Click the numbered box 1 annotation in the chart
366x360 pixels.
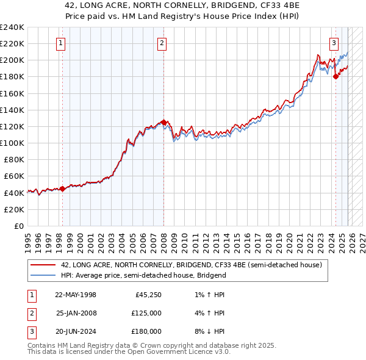pos(62,43)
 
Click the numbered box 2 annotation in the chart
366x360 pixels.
pos(162,43)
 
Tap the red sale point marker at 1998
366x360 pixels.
pos(62,189)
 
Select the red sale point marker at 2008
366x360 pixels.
pos(163,122)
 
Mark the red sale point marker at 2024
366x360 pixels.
pos(335,76)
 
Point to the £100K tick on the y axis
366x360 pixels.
pos(12,143)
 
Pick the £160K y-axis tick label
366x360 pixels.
pos(12,93)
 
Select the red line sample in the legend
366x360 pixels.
pos(43,265)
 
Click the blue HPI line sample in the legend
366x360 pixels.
pos(43,275)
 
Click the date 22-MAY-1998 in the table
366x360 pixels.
pos(76,295)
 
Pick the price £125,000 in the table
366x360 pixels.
pos(146,313)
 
